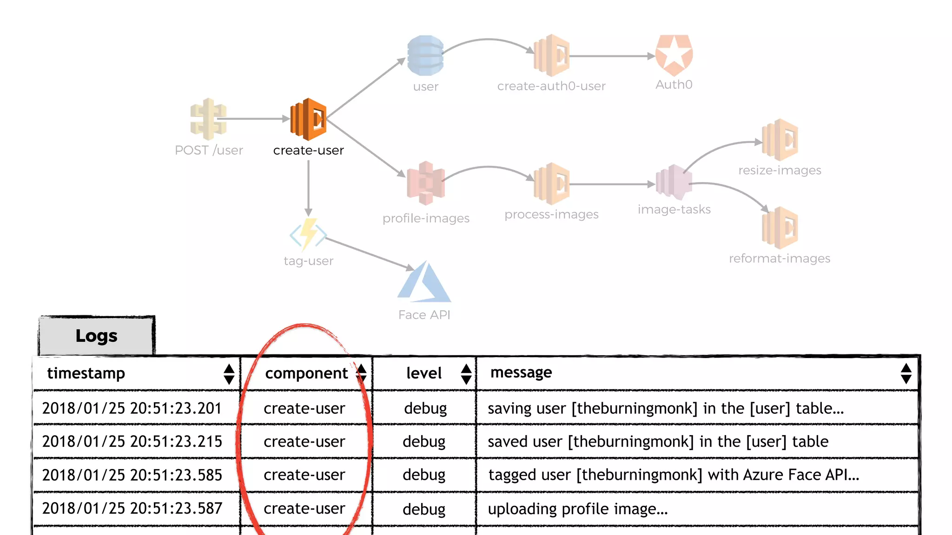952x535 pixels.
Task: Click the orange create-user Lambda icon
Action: pos(308,119)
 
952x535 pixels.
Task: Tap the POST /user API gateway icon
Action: pos(208,119)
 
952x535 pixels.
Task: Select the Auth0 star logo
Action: pos(674,55)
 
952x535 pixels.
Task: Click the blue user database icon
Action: pos(425,55)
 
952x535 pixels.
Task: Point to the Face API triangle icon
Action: pos(424,282)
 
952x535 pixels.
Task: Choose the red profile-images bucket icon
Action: pos(425,183)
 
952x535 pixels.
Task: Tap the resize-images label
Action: pos(780,170)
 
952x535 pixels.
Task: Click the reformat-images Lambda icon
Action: pos(780,228)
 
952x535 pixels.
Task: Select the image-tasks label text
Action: pos(674,209)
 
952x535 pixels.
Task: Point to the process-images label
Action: pos(551,215)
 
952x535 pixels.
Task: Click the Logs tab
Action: pos(97,336)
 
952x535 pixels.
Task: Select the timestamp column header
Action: pos(86,373)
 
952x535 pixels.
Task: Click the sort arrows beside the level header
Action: pos(466,374)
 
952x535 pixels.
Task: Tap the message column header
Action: pos(521,372)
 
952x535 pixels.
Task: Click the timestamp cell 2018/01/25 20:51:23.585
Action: pos(132,475)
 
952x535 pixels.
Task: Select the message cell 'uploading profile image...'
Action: pos(577,509)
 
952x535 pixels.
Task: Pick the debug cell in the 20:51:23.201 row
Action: pos(425,409)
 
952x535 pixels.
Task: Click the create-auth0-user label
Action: pos(551,86)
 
